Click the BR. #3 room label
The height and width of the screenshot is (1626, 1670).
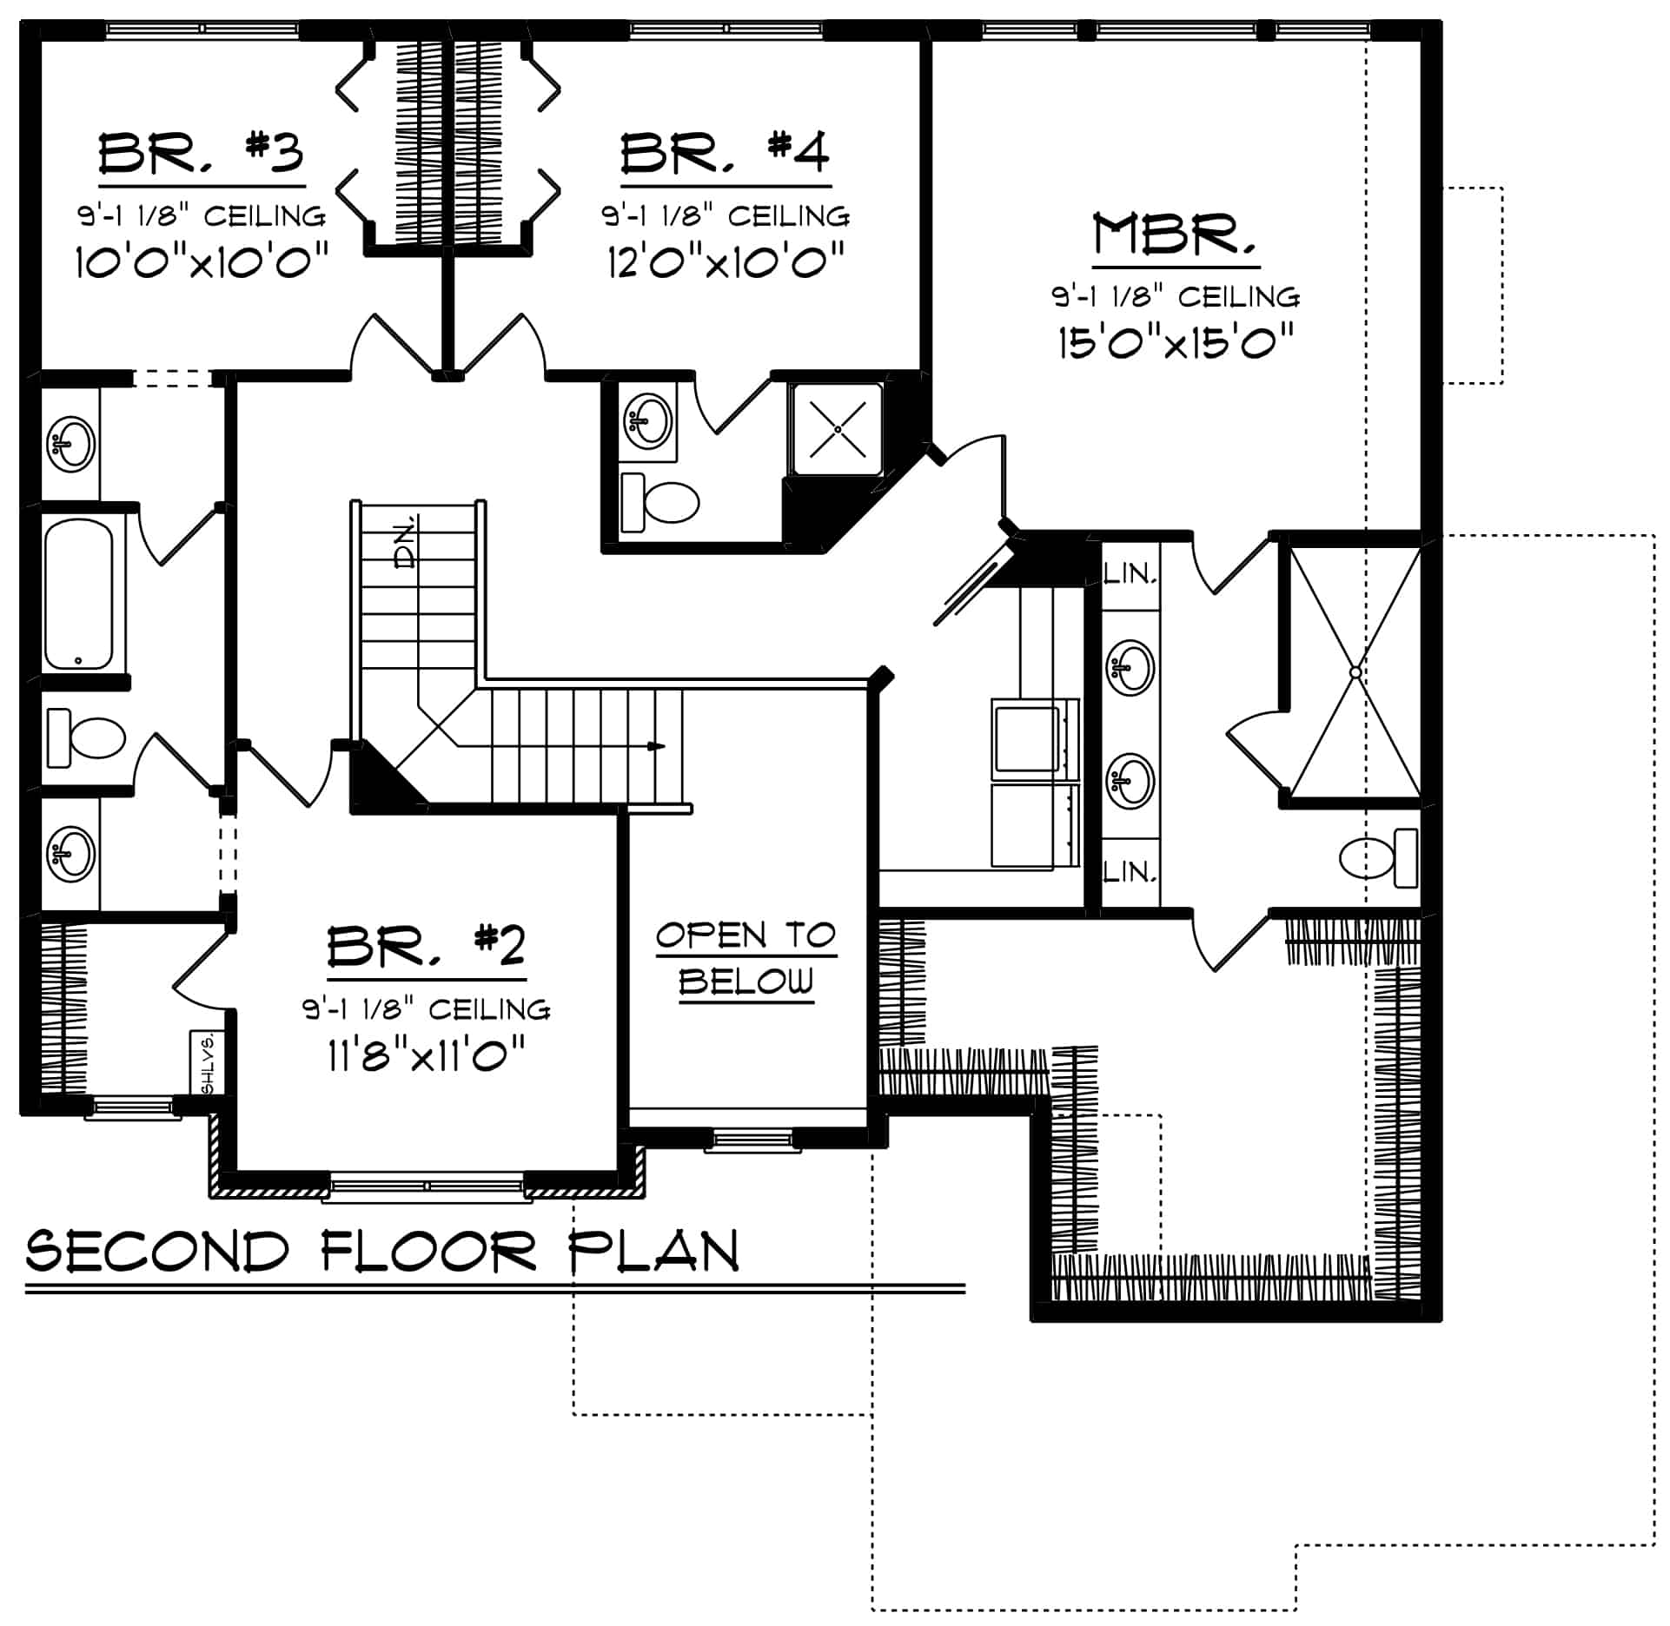coord(201,154)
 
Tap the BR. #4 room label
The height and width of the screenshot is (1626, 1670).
coord(726,153)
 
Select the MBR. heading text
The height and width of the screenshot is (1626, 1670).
coord(1176,235)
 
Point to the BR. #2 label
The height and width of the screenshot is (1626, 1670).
coord(427,947)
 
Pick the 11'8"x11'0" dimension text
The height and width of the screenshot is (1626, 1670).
coord(427,1056)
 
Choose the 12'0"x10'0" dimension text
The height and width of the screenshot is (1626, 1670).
coord(726,261)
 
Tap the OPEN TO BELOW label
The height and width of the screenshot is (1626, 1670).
coord(746,959)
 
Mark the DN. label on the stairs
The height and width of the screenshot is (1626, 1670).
coord(405,543)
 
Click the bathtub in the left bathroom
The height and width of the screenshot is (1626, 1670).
coord(78,594)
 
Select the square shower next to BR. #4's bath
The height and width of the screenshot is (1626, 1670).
coord(837,429)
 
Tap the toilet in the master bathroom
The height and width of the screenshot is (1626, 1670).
coord(1378,858)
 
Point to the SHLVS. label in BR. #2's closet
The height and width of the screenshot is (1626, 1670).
coord(207,1063)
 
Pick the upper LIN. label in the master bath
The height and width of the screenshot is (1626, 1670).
coord(1130,573)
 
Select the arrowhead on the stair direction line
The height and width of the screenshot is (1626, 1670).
coord(658,746)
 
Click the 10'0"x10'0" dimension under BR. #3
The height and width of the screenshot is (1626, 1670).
coord(202,261)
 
